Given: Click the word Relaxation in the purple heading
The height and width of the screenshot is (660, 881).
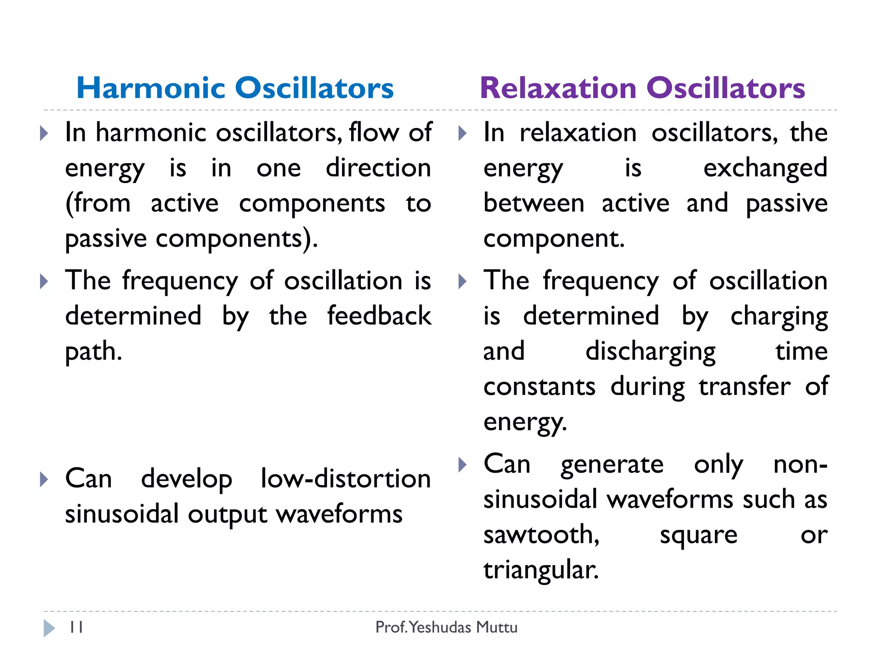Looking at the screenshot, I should pos(558,88).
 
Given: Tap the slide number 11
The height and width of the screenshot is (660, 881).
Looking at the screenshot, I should pos(76,627).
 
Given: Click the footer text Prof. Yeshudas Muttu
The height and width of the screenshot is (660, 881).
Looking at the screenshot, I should pos(446,627).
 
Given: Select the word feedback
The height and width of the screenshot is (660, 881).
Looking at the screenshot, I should pos(379,316).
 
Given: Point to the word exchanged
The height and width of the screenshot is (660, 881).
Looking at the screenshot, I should pos(765,168).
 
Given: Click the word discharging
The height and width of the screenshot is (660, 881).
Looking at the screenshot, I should pos(650,351).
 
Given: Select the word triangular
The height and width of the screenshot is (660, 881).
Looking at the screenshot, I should pos(540,570).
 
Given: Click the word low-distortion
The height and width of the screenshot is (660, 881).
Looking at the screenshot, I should pos(345,479).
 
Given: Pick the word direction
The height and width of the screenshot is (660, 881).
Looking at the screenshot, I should pos(378,168).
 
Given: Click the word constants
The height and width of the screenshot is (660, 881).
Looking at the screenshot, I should pos(539,386).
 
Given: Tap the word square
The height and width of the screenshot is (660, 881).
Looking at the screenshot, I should pos(699,535).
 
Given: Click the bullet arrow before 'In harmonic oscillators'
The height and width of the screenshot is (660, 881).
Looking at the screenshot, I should pos(44,133).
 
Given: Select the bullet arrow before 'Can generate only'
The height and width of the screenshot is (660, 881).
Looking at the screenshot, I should pos(462,464).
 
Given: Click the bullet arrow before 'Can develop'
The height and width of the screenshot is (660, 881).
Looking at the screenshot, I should pos(44,479).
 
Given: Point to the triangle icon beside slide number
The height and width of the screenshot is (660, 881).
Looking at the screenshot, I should pos(49,628).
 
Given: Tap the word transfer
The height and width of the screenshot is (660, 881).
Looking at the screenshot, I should pos(744,386).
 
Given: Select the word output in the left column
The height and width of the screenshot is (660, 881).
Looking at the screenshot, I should pos(228,515).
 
